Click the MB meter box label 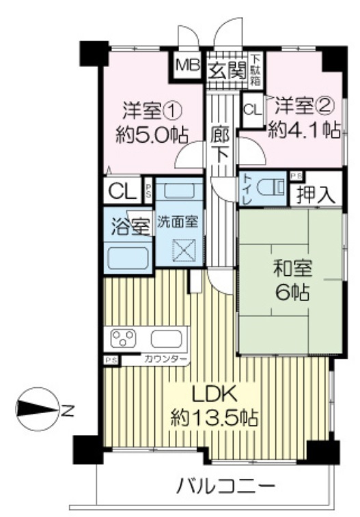pos(188,65)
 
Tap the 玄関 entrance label pos(227,71)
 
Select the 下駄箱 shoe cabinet pos(255,70)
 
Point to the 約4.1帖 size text pos(304,130)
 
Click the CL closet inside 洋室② pos(253,109)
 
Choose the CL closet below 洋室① pos(123,191)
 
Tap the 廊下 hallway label pos(220,144)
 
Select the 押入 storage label pos(316,195)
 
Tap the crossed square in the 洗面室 pos(184,250)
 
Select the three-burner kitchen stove pos(124,338)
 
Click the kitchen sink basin pos(167,339)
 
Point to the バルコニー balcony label pos(226,486)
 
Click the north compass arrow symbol pos(37,409)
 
